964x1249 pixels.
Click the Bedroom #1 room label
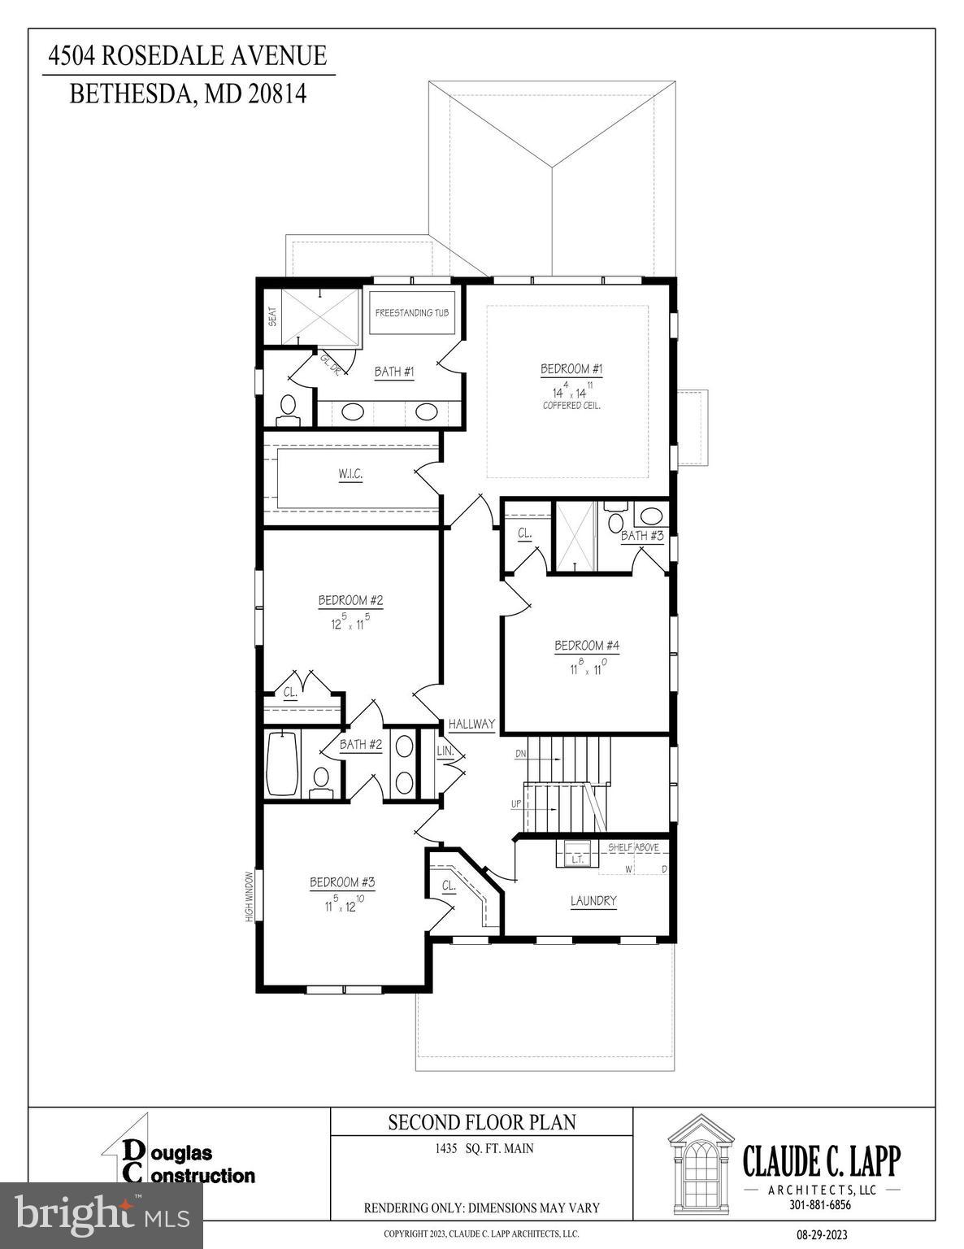pos(571,369)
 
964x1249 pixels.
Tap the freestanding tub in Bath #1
pos(412,313)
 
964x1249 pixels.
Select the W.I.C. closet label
pos(350,474)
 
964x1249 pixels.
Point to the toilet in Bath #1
pos(289,407)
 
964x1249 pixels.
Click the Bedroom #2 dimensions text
pos(350,623)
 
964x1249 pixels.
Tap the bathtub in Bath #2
pos(282,764)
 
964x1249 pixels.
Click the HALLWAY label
pos(471,724)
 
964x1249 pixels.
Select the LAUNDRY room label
pos(593,901)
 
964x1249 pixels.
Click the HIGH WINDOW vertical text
pos(250,896)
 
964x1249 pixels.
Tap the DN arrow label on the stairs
pos(521,755)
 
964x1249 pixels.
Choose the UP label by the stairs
pos(516,803)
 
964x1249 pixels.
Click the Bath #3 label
pos(642,536)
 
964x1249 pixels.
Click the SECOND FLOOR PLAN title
pos(481,1123)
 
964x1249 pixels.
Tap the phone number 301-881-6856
pos(821,1205)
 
